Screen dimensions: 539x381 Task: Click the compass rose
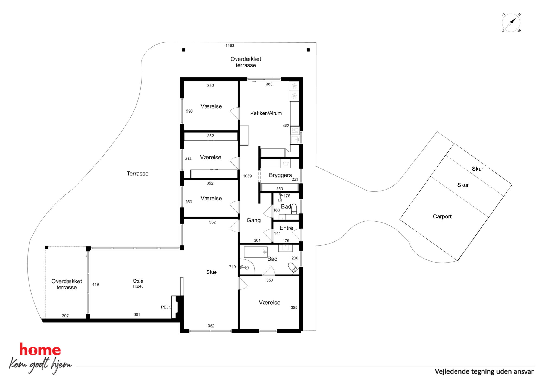(x=511, y=23)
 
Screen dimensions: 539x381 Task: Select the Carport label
(x=442, y=216)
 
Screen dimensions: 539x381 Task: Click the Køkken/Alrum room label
(x=266, y=113)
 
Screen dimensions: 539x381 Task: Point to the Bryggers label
(x=280, y=175)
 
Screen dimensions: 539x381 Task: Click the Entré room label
(x=286, y=228)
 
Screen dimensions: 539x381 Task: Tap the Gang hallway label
(x=253, y=220)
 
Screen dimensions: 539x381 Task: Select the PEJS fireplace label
(x=166, y=307)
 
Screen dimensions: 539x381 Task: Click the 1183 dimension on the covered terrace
(x=230, y=46)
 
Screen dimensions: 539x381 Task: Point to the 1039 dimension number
(x=247, y=176)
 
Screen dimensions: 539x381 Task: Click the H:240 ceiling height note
(x=138, y=286)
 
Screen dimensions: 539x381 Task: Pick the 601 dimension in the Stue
(x=137, y=314)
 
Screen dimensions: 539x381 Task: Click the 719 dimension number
(x=232, y=267)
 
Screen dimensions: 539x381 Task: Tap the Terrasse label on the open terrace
(x=137, y=174)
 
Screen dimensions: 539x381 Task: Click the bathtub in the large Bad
(x=255, y=252)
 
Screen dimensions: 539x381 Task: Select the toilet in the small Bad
(x=294, y=209)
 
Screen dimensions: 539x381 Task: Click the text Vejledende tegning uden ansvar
(x=484, y=371)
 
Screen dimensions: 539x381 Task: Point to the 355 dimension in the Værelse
(x=294, y=307)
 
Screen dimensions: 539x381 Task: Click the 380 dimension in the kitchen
(x=269, y=84)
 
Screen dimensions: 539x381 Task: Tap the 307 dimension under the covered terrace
(x=65, y=316)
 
